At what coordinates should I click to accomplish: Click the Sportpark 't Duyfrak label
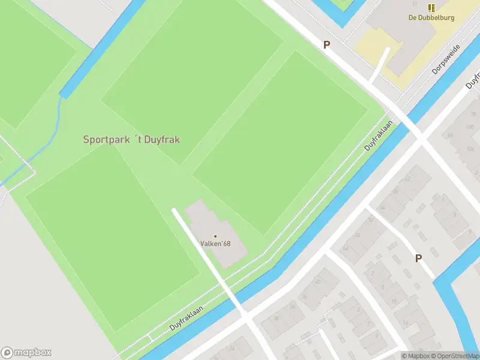(x=131, y=139)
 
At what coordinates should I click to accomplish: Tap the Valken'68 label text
(x=215, y=244)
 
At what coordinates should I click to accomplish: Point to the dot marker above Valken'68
(x=215, y=236)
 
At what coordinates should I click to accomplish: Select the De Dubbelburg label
(x=431, y=17)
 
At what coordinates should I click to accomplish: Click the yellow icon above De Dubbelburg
(x=431, y=8)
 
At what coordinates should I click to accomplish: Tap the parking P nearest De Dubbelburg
(x=327, y=44)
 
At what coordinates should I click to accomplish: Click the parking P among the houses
(x=418, y=258)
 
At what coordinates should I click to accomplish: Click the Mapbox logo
(x=26, y=353)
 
